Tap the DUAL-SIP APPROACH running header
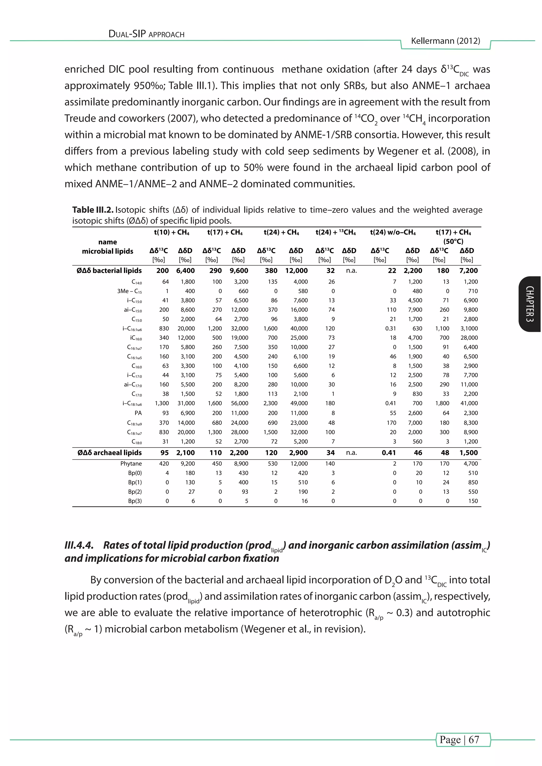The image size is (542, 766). [x=147, y=34]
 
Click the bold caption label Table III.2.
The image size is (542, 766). [x=93, y=210]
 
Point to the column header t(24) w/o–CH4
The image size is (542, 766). [x=392, y=232]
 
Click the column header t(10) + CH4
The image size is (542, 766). [x=171, y=232]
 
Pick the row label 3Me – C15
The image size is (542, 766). [x=129, y=291]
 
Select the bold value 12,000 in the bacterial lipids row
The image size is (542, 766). [x=296, y=271]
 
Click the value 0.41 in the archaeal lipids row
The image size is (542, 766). [x=389, y=453]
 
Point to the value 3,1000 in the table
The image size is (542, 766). [x=469, y=328]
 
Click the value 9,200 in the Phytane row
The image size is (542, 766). [x=188, y=463]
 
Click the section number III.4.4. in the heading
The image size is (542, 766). [x=79, y=545]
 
